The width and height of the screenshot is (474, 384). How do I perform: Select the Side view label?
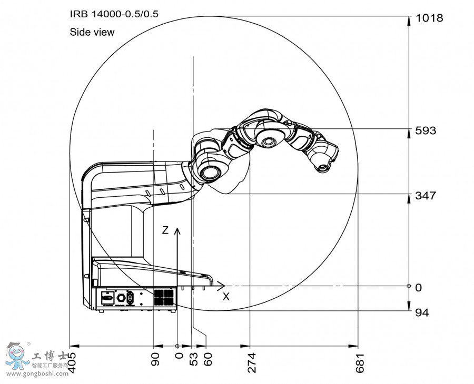pos(92,32)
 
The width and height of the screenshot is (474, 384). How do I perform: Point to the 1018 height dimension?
pos(429,18)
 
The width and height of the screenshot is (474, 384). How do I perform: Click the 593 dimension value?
pos(426,130)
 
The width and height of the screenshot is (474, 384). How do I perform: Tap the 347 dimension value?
pos(426,196)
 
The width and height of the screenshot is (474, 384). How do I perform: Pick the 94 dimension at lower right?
pos(422,312)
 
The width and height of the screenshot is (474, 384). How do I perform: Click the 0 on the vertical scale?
pos(419,287)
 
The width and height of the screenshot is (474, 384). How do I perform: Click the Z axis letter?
pos(165,230)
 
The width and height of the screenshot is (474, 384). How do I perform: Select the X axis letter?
pos(226,297)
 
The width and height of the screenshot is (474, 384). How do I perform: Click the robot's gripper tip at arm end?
pos(321,168)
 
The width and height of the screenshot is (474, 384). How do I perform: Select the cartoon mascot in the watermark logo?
pos(17,357)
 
